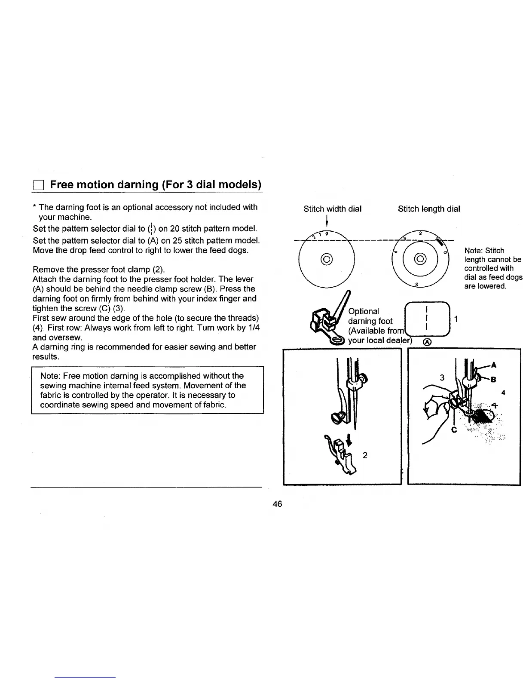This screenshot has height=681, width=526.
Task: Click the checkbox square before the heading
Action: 37,185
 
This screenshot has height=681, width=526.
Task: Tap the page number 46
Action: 277,503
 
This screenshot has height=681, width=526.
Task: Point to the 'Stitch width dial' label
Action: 332,209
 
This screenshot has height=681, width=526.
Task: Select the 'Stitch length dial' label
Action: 428,209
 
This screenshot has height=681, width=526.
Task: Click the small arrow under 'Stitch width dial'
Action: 327,222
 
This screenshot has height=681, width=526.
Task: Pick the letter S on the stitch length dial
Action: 417,285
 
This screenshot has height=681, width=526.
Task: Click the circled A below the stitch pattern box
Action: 426,343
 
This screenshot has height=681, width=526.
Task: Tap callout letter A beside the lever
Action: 493,365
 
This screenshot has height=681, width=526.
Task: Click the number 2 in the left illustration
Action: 364,455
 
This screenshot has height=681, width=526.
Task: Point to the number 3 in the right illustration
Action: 442,377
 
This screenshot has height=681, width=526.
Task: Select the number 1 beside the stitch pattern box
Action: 456,319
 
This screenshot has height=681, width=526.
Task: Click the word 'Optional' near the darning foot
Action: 364,311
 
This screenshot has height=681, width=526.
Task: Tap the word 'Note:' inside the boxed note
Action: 50,376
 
